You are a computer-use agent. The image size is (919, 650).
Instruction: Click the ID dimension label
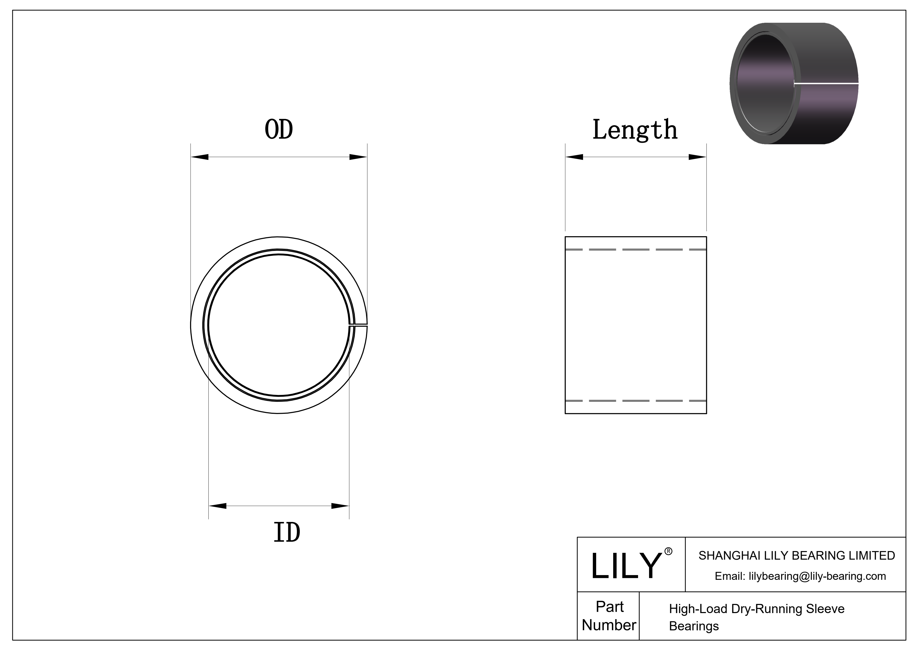tap(287, 533)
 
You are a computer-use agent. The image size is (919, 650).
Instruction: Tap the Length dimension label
tap(635, 130)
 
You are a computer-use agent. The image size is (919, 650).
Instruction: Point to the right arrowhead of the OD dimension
tap(358, 157)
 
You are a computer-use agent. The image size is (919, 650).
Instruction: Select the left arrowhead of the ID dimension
tap(217, 506)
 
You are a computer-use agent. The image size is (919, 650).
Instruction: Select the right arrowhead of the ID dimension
tap(340, 506)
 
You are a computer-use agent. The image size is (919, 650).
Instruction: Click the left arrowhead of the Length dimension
tap(574, 157)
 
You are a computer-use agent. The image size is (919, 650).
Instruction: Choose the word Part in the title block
tap(609, 607)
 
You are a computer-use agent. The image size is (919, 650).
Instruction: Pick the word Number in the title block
tap(609, 625)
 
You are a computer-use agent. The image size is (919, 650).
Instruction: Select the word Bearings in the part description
tap(694, 626)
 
